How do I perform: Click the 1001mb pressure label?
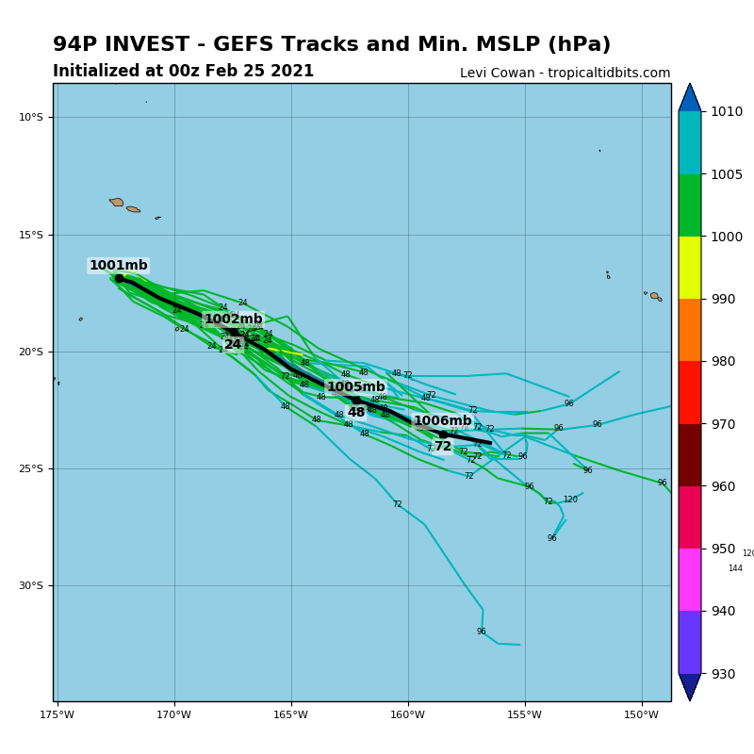[x=119, y=266]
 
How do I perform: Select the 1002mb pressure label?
[x=234, y=320]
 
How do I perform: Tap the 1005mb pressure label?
[x=355, y=387]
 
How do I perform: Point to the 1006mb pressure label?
[x=442, y=421]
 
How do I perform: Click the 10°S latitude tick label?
[x=31, y=117]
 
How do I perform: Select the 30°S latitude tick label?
[x=31, y=585]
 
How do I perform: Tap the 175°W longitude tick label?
[x=57, y=713]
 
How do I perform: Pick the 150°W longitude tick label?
[x=642, y=713]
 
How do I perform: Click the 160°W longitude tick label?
[x=408, y=713]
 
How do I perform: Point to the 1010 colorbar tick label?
[x=727, y=111]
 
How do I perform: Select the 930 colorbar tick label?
[x=723, y=674]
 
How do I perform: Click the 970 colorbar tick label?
[x=723, y=424]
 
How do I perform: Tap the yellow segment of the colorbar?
[x=690, y=268]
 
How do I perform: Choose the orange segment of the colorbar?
[x=690, y=330]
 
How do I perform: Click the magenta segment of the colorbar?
[x=690, y=580]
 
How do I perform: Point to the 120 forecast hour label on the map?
[x=570, y=500]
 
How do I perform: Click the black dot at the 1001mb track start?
[x=120, y=278]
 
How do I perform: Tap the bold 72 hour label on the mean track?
[x=443, y=446]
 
